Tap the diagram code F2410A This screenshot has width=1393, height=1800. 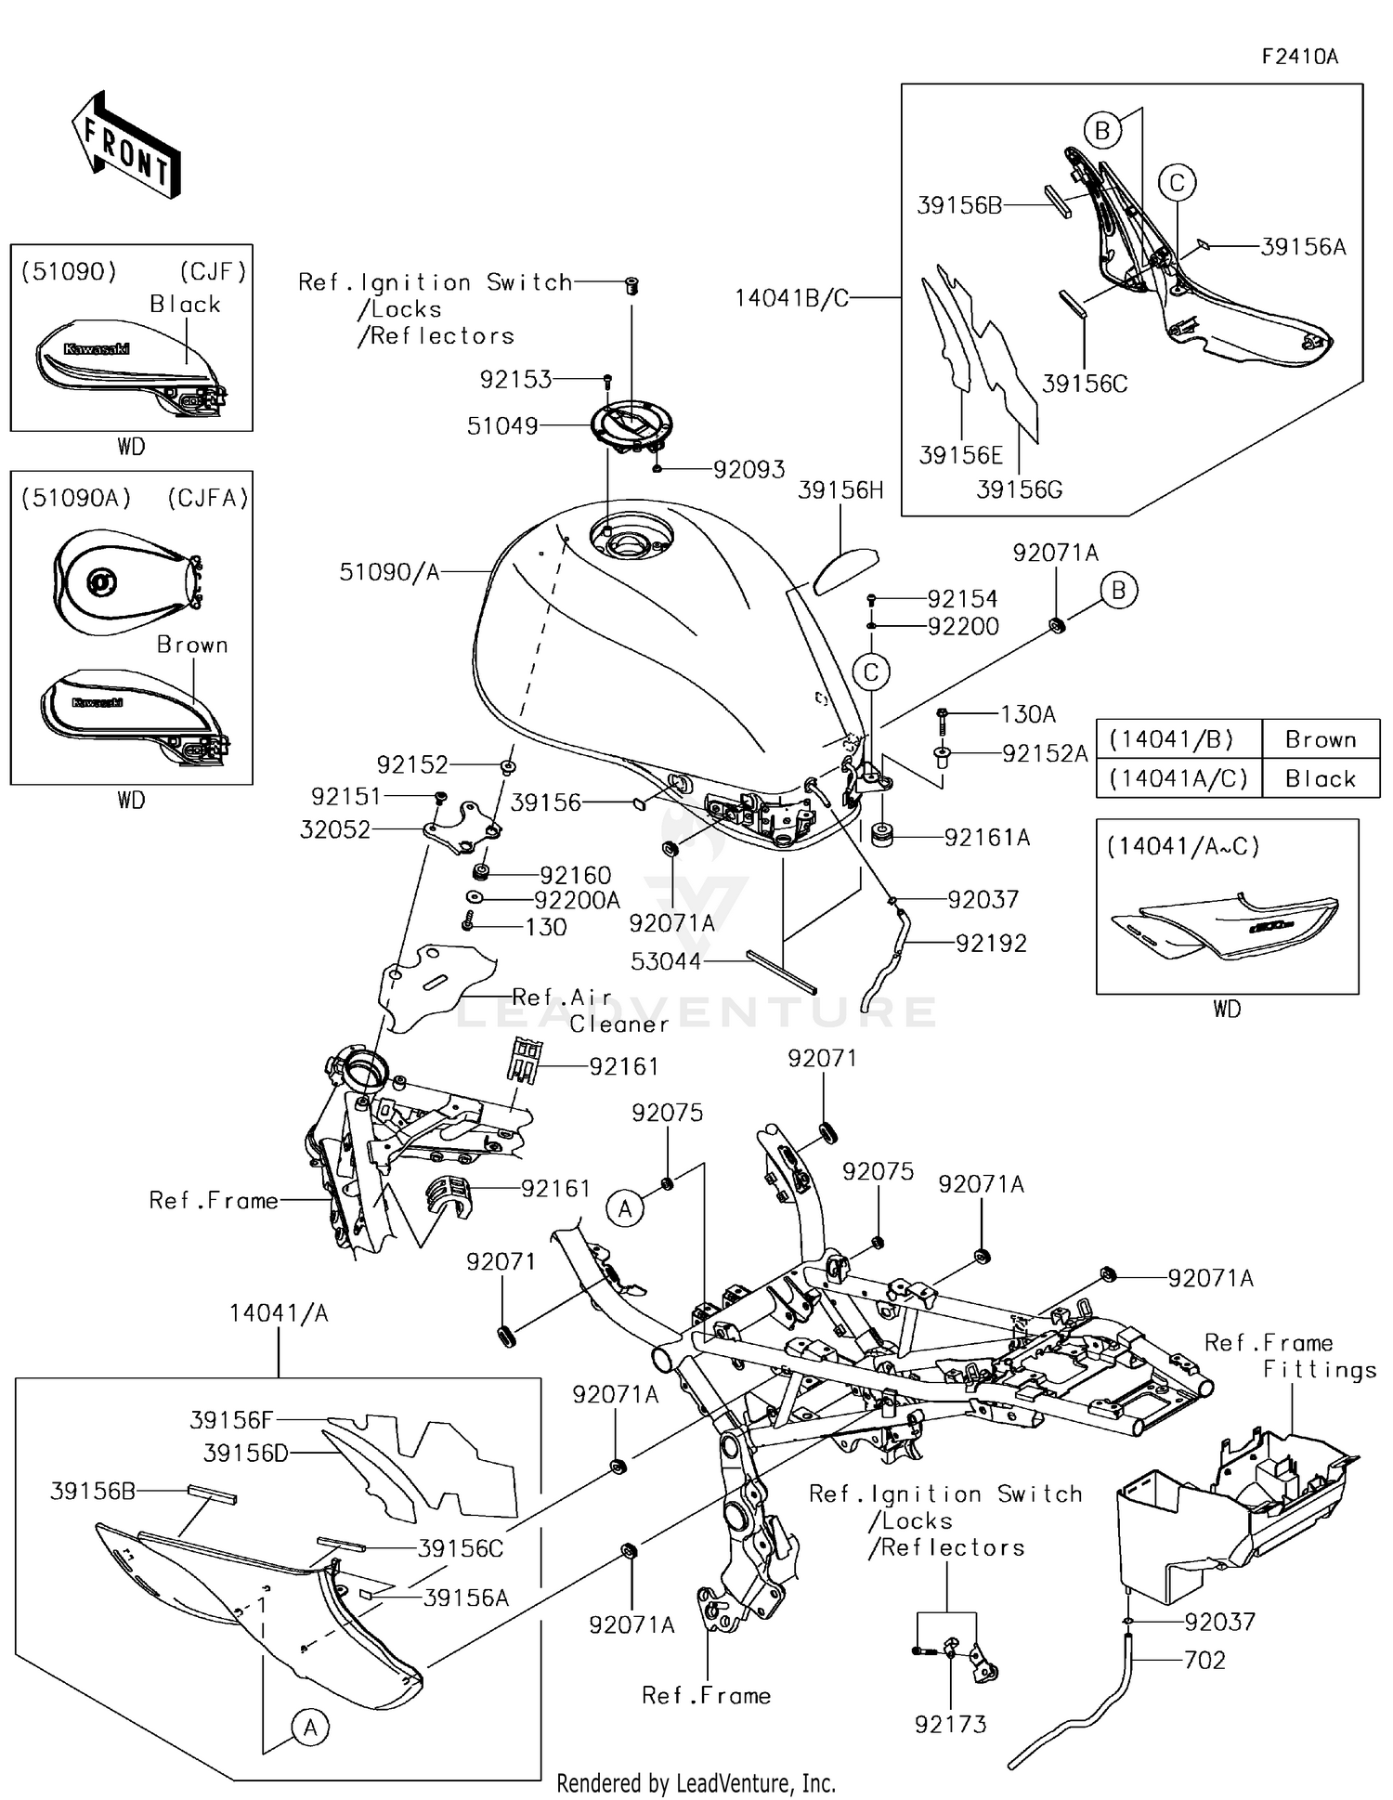[x=1299, y=57]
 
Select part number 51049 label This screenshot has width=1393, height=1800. [x=502, y=426]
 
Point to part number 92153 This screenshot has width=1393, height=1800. [x=515, y=379]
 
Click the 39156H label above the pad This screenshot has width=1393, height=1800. [x=840, y=490]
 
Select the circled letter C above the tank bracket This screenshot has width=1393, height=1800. [x=871, y=672]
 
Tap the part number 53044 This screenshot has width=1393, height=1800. [x=666, y=961]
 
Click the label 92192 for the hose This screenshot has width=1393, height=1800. [x=991, y=944]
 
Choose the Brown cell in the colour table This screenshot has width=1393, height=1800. [x=1321, y=739]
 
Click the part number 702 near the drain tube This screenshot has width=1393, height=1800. [x=1204, y=1660]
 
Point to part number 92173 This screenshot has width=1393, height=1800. [x=950, y=1724]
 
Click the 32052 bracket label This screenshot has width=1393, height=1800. [x=334, y=829]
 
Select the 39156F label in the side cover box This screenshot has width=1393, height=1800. [x=231, y=1420]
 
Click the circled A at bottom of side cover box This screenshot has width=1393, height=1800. [x=310, y=1727]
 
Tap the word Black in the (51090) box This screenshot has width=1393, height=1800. [x=185, y=305]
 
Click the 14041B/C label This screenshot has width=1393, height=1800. [x=791, y=298]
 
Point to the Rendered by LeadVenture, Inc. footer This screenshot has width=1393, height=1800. [x=696, y=1783]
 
